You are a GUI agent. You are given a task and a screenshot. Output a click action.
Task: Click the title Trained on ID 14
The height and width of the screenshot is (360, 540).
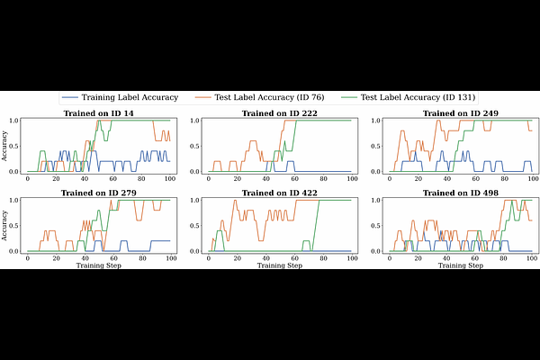tap(98, 114)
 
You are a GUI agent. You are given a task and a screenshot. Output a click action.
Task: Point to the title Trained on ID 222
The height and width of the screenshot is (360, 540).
tap(279, 114)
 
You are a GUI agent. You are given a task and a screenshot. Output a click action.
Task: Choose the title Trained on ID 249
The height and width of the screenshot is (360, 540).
tap(460, 114)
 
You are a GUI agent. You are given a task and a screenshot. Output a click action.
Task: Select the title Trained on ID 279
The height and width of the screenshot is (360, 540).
tap(98, 192)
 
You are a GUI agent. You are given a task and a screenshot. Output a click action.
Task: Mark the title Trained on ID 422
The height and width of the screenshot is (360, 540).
tap(279, 192)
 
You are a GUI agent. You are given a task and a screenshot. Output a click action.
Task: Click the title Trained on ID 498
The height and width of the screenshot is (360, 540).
tap(460, 192)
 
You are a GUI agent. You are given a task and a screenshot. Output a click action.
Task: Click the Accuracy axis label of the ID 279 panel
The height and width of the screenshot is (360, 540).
tap(6, 224)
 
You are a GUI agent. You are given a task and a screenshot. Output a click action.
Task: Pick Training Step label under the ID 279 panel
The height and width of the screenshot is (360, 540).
tap(98, 266)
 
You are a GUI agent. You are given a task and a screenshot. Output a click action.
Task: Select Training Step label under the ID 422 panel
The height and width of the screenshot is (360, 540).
tap(279, 266)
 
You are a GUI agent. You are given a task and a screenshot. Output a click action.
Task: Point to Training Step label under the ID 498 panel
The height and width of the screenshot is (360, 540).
tap(460, 266)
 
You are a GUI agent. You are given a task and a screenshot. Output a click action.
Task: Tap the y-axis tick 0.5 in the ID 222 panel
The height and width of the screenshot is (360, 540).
tap(193, 146)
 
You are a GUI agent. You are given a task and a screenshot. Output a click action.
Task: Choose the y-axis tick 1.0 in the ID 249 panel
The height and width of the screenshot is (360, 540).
tap(374, 120)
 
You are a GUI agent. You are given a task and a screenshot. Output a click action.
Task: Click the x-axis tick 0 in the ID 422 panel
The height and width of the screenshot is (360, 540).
tap(209, 258)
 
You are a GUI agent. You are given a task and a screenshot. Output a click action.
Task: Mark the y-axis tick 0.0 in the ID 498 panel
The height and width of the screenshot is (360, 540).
tap(374, 250)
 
